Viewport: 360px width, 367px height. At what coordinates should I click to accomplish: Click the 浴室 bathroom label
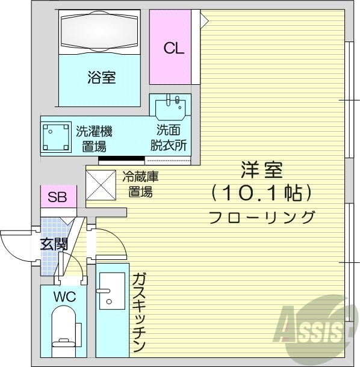click(101, 77)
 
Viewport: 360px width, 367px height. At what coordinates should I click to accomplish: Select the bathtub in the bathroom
click(101, 31)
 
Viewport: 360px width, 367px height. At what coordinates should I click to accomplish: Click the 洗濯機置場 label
click(94, 138)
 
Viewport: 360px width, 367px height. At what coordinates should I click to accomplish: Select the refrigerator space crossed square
click(100, 183)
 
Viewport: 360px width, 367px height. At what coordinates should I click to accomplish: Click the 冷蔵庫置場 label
click(140, 184)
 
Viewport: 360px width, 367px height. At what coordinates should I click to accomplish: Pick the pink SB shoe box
click(58, 196)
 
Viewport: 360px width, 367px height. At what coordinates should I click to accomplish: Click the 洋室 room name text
click(262, 171)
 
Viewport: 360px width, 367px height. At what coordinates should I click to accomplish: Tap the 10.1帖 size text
click(262, 194)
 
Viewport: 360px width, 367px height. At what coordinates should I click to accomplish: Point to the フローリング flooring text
click(262, 217)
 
